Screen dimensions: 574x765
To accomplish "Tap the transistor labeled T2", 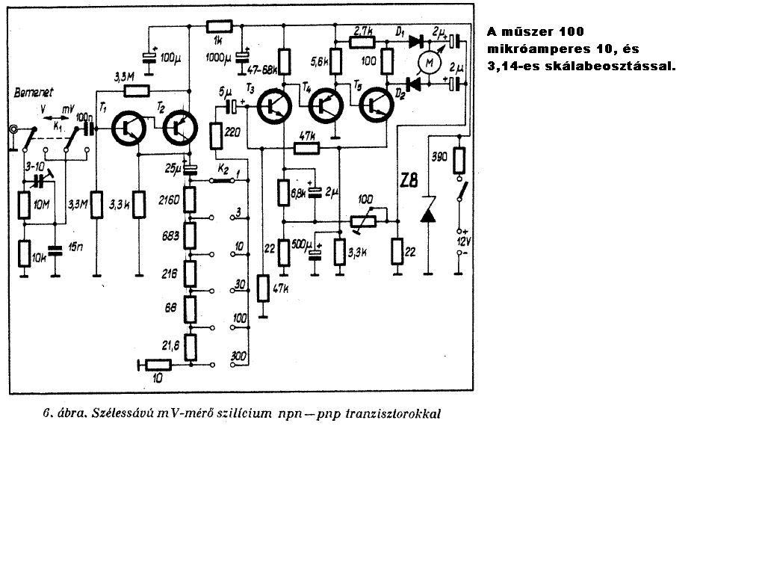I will point(179,129).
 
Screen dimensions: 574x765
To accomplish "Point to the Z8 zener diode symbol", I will point(427,214).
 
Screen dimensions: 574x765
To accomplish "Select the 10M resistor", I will point(24,203).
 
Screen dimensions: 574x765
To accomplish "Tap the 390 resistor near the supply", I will point(459,159).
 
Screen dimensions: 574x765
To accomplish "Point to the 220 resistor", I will point(217,138).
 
